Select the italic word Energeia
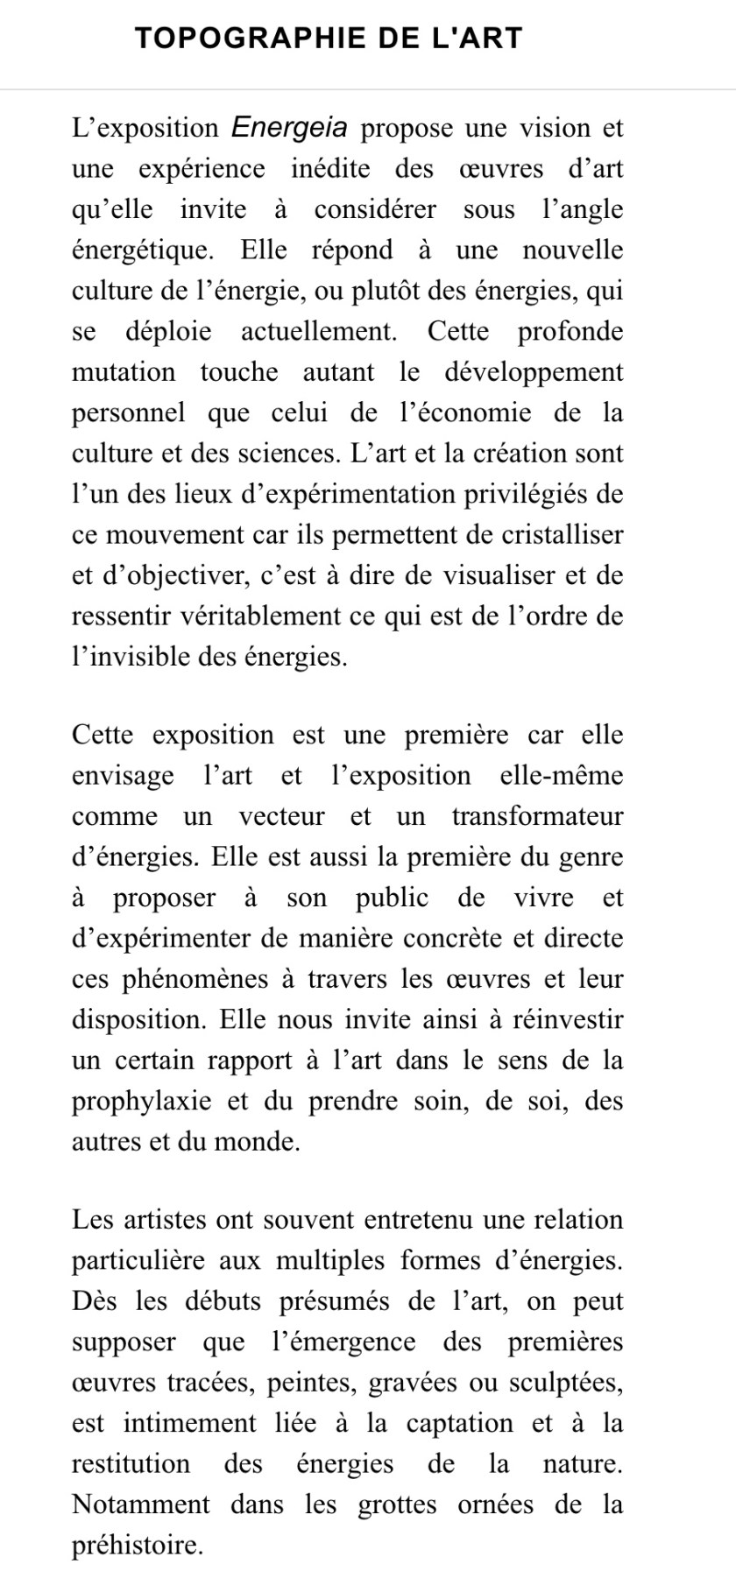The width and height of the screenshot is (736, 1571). pos(289,128)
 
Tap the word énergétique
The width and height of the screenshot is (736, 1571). pos(142,250)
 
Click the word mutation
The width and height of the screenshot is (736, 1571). pos(124,372)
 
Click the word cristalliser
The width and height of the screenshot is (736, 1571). pos(557,534)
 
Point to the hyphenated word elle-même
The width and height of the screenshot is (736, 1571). pos(561,776)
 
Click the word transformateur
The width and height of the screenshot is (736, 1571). pos(538,816)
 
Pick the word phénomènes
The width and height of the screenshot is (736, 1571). pos(185,979)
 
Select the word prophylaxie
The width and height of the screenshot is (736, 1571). pos(142,1101)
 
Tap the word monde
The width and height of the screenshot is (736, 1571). pos(262,1142)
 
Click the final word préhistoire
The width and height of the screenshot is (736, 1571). pos(138,1546)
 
